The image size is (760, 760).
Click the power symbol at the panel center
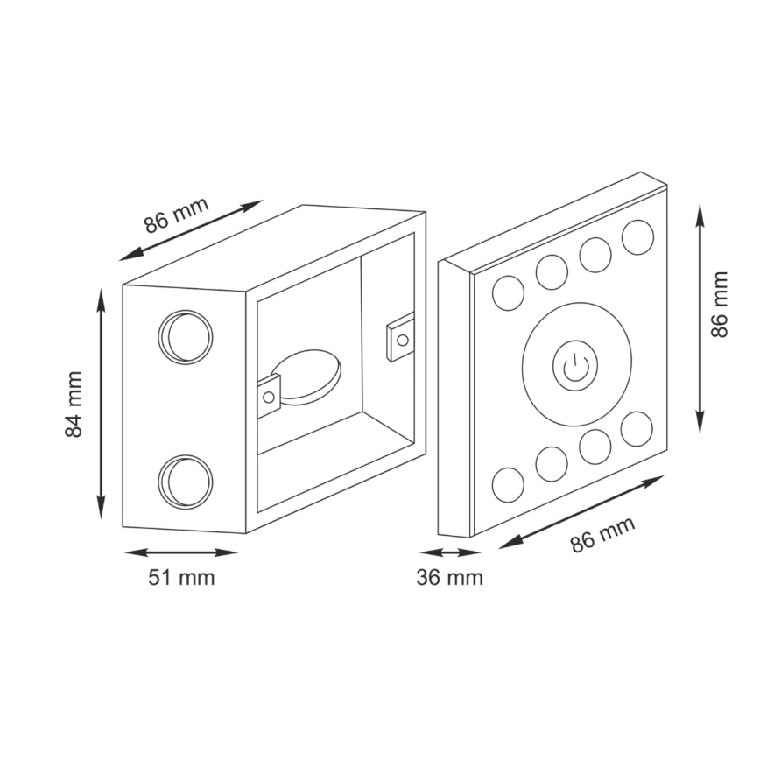[x=574, y=368]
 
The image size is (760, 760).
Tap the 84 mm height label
[x=74, y=405]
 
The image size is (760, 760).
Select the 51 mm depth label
[x=179, y=578]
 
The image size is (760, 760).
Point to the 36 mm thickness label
[x=449, y=578]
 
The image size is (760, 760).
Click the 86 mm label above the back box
[x=177, y=215]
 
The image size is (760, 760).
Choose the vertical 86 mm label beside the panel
[x=720, y=304]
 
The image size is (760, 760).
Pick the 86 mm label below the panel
[x=602, y=534]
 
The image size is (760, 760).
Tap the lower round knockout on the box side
[x=186, y=481]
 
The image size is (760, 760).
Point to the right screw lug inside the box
[x=399, y=337]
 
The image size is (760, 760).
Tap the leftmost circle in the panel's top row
[x=508, y=292]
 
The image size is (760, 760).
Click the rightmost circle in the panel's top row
[x=637, y=236]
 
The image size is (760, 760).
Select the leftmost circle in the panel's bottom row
[x=508, y=484]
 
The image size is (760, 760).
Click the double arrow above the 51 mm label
[x=180, y=552]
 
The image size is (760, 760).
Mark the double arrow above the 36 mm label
[x=449, y=552]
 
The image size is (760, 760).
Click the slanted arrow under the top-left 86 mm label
[x=191, y=230]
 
